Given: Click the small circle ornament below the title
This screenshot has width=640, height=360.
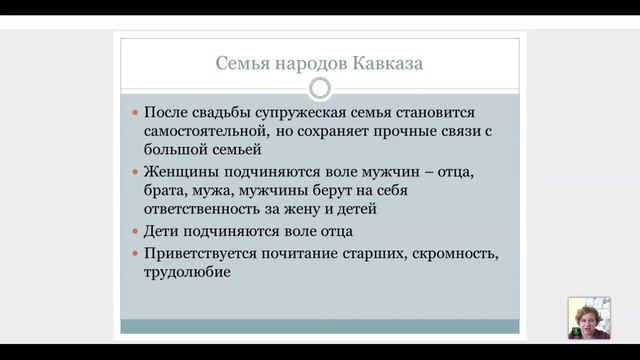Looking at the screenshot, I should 320,89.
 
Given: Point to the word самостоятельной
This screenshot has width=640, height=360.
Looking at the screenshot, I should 203,132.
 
